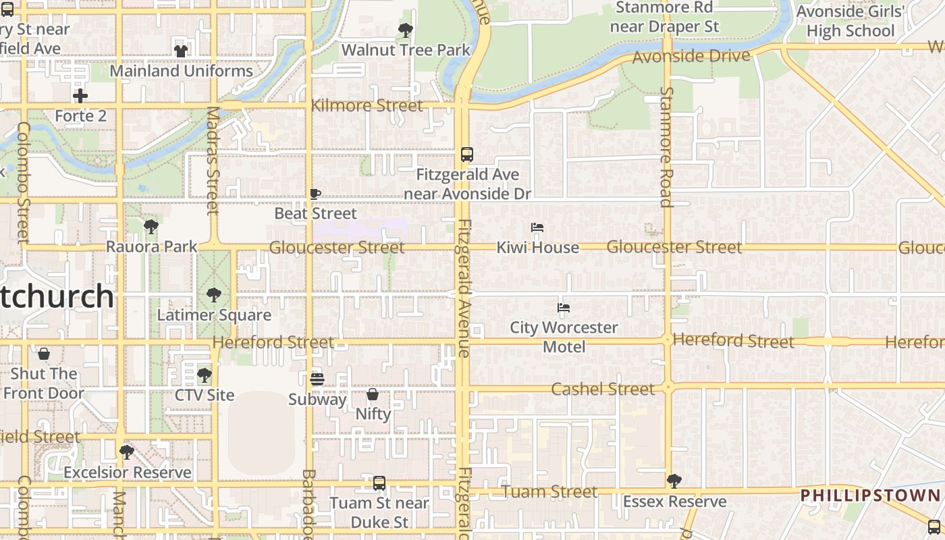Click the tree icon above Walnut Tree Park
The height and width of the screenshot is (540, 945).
(x=406, y=30)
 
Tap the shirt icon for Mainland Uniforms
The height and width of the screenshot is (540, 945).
(x=181, y=51)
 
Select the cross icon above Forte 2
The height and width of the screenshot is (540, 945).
(x=80, y=96)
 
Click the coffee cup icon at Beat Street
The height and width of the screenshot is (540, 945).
(x=315, y=194)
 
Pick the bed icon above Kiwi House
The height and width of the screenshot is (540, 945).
(x=537, y=228)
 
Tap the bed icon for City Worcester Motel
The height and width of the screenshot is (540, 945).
(x=564, y=308)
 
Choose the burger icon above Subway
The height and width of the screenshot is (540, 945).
(x=317, y=379)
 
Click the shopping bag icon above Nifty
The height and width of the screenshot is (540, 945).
(x=373, y=394)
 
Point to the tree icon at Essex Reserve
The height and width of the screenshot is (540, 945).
(x=674, y=481)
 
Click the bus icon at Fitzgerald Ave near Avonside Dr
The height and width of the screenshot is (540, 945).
(x=466, y=155)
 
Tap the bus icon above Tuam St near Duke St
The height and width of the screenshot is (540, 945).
(x=379, y=483)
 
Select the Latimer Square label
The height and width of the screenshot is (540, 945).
(x=214, y=315)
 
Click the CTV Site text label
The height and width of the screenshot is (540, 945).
(x=205, y=396)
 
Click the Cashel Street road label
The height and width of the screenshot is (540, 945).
(x=603, y=389)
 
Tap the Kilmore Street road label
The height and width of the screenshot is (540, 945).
(x=367, y=106)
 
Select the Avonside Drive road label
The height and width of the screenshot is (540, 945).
(x=691, y=57)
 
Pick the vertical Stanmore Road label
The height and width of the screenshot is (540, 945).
(x=666, y=146)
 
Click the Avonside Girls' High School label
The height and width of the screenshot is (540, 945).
(x=849, y=21)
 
